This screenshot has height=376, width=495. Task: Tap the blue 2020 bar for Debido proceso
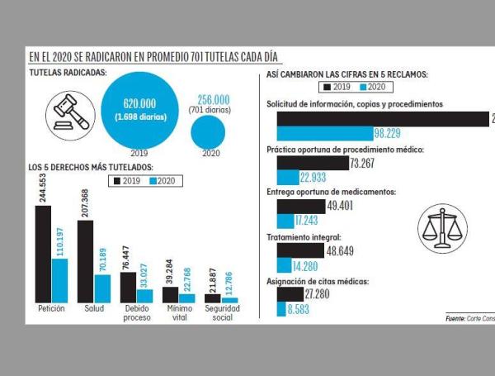click(x=144, y=295)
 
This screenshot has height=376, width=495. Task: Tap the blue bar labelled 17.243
click(x=286, y=221)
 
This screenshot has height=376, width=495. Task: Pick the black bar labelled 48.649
click(x=301, y=250)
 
